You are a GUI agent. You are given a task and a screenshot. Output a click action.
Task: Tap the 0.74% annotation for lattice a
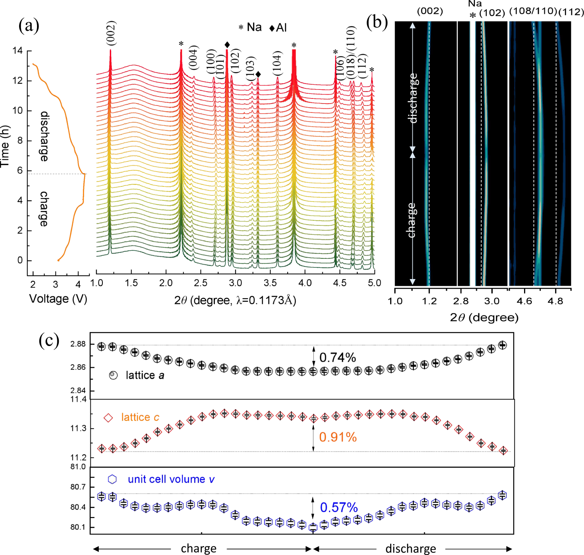pos(338,357)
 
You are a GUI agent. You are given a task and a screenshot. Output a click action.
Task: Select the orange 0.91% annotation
pos(338,437)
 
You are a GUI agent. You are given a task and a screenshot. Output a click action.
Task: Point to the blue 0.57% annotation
pos(339,507)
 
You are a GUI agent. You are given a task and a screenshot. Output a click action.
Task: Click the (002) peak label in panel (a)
pos(111,33)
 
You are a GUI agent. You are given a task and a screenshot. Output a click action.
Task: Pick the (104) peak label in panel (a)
pos(277,63)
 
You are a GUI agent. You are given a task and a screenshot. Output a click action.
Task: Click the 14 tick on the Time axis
pos(17,51)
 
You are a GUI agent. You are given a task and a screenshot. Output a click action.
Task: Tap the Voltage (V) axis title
pos(58,299)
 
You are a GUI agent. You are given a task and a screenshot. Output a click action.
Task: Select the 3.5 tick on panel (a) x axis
pos(271,283)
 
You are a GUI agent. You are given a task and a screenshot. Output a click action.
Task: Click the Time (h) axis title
pos(5,146)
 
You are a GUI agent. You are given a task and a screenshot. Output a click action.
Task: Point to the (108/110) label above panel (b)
pos(533,11)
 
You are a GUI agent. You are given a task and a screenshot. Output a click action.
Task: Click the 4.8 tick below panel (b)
pos(555,301)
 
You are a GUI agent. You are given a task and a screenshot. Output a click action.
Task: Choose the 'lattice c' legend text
pos(140,417)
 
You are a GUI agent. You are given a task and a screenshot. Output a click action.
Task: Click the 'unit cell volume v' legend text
pos(171,479)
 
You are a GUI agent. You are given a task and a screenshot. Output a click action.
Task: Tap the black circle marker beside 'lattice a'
pos(113,375)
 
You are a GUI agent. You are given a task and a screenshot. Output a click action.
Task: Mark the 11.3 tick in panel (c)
pos(78,429)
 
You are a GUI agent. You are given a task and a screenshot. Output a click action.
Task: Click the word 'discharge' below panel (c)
pos(410,548)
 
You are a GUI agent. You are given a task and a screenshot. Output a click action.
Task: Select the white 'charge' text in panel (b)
pos(411,220)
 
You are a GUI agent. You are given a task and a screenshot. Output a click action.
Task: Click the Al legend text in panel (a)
pos(281,28)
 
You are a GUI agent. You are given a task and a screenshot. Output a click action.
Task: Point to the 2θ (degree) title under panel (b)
pos(484,318)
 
